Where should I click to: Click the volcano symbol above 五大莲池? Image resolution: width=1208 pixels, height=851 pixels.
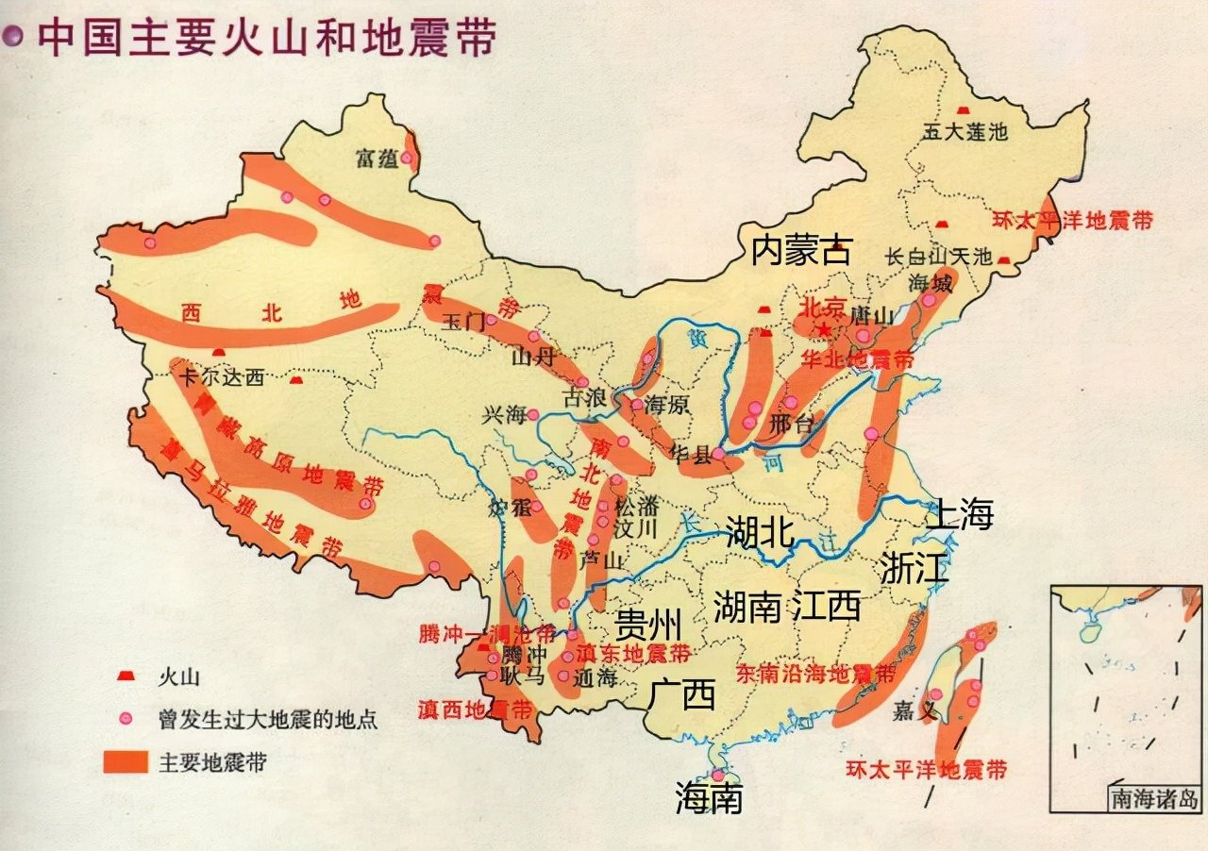point(964,110)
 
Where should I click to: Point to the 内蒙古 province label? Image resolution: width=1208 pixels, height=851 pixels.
point(801,250)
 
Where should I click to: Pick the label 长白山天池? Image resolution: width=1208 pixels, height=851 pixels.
point(939,257)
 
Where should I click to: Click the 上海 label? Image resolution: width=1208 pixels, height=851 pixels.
point(960,514)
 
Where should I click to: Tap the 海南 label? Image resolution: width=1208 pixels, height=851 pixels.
point(709,798)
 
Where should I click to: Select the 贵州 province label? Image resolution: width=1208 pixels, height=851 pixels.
point(647,623)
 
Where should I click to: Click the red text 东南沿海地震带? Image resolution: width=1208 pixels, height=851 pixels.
point(815,675)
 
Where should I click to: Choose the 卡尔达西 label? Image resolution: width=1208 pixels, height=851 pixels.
point(222,379)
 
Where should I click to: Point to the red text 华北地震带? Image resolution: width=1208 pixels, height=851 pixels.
point(857,359)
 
